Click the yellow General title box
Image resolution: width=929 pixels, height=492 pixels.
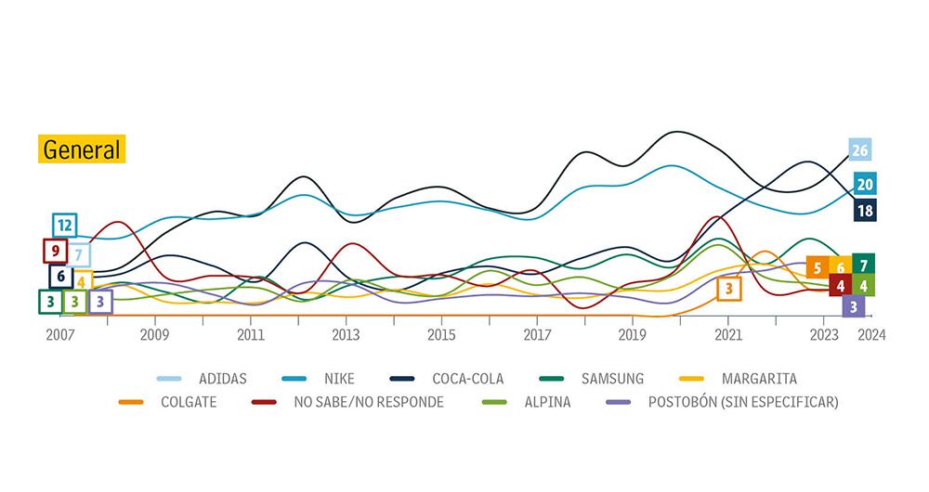pos(82,149)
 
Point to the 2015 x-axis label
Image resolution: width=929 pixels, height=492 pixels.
pos(441,335)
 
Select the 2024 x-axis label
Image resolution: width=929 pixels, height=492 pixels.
pos(871,335)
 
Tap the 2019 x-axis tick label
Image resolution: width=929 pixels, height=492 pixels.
pos(632,335)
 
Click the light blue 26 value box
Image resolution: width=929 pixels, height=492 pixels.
pos(860,150)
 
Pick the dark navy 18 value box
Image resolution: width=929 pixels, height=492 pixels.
pos(865,210)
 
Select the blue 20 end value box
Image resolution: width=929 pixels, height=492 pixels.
pos(865,184)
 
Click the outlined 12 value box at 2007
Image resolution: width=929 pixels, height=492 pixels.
pos(64,226)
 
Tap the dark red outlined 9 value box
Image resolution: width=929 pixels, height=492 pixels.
pos(55,251)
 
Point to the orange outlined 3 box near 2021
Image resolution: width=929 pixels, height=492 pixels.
pos(729,289)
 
